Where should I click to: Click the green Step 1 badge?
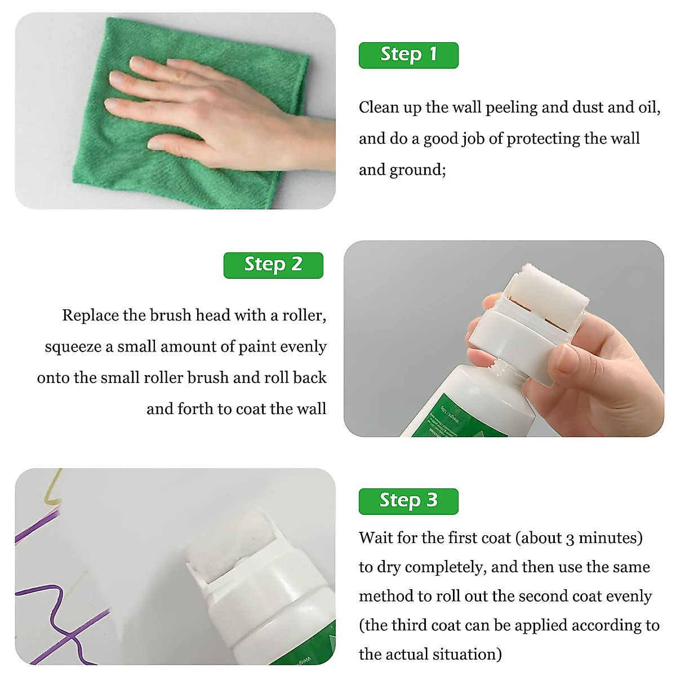click(x=408, y=55)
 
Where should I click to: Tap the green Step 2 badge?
click(x=273, y=265)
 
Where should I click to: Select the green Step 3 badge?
click(x=408, y=501)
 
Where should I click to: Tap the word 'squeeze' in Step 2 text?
click(x=73, y=347)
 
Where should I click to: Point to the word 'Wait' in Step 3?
click(x=376, y=538)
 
